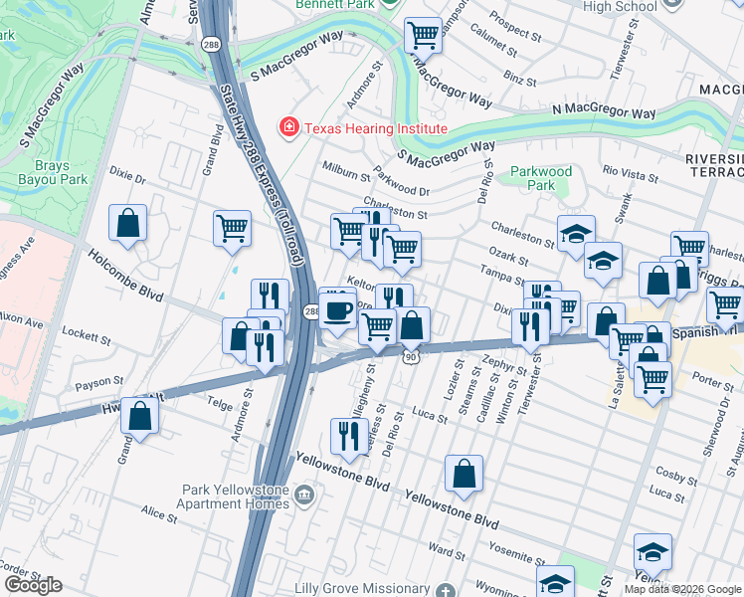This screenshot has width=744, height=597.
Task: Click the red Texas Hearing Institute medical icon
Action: pos(288,128)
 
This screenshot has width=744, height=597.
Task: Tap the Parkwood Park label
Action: pos(540,178)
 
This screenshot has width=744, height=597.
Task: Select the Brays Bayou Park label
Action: pos(44,173)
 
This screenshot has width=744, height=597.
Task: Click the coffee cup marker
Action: pos(338,310)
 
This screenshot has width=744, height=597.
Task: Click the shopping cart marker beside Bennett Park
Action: pos(424,37)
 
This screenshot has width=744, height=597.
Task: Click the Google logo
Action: pos(33,585)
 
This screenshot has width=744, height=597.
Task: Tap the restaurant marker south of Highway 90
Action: pos(347,435)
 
